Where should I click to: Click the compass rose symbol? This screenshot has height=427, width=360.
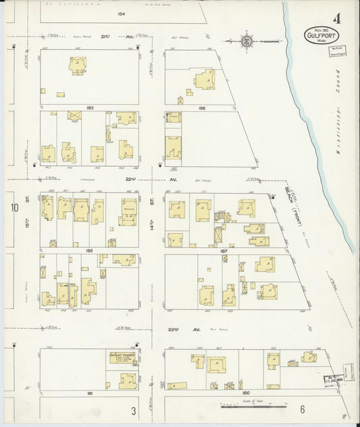tap(247, 42)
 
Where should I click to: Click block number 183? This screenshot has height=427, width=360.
tap(89, 107)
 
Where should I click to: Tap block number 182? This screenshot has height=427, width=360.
tap(89, 250)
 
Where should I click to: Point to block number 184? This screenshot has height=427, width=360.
tap(122, 14)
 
